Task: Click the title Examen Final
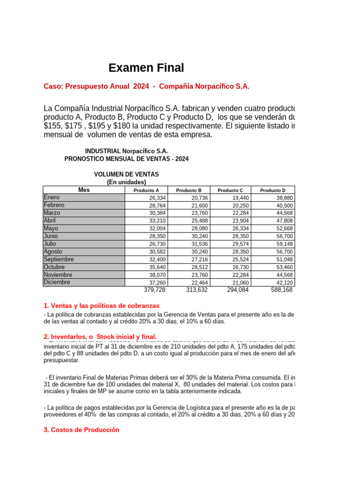(x=146, y=68)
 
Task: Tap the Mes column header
(x=84, y=190)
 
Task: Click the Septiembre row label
(x=59, y=259)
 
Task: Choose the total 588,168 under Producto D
(x=282, y=290)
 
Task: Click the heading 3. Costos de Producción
(x=81, y=430)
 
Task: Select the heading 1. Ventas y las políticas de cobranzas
(x=101, y=306)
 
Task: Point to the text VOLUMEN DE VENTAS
(x=127, y=174)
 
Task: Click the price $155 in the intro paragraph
(x=52, y=126)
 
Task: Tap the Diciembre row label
(x=57, y=282)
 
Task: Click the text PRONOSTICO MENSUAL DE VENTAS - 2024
(x=127, y=159)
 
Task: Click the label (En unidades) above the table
(x=127, y=182)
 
